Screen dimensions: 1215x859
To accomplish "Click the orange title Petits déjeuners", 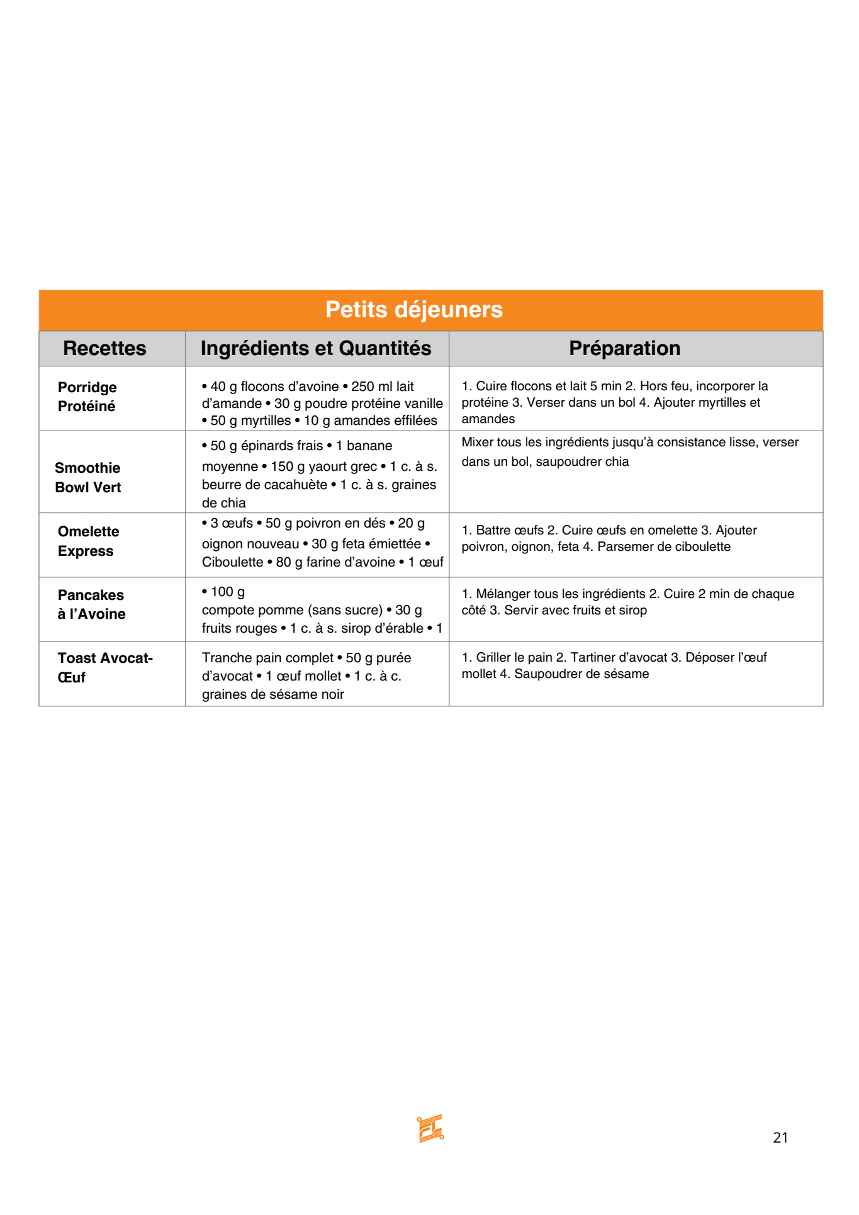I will (413, 310).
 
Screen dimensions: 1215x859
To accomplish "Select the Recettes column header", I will (104, 348).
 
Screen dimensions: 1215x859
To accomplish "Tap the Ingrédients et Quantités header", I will (316, 348).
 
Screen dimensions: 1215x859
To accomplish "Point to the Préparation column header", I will (624, 348).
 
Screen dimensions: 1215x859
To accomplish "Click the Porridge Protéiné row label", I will (87, 397).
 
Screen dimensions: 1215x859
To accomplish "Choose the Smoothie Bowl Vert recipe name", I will (87, 477).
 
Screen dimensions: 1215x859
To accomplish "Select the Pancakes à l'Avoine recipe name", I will (91, 604).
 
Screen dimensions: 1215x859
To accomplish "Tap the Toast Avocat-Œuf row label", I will (104, 667).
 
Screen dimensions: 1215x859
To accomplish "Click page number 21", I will (780, 1138).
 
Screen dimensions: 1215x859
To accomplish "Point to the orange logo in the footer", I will (430, 1128).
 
